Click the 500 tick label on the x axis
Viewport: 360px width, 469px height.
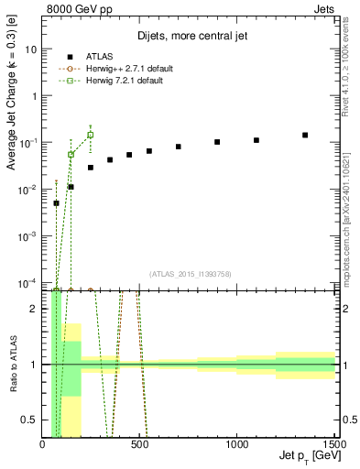tap(140, 444)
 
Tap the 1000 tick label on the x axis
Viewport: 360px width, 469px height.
tap(237, 444)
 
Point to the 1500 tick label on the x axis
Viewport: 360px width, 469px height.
tap(333, 444)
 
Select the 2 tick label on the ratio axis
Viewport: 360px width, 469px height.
tap(35, 309)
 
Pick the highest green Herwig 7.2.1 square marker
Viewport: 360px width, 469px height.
tap(90, 135)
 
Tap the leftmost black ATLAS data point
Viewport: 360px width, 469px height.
tap(56, 203)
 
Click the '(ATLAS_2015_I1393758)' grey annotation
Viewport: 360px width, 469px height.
tap(189, 273)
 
